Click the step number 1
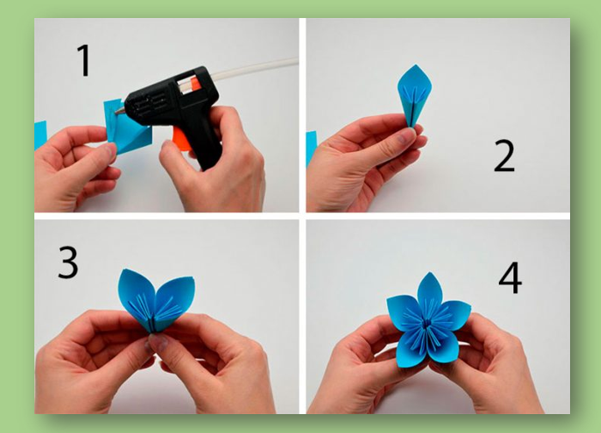pyautogui.click(x=85, y=61)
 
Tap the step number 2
pyautogui.click(x=504, y=156)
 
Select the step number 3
pyautogui.click(x=68, y=263)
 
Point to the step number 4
pyautogui.click(x=510, y=277)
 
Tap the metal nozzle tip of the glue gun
pyautogui.click(x=118, y=111)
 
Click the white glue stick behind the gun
pyautogui.click(x=254, y=68)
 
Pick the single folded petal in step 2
pyautogui.click(x=414, y=94)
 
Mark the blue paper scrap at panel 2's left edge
pyautogui.click(x=311, y=149)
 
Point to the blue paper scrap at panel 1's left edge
pyautogui.click(x=40, y=135)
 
